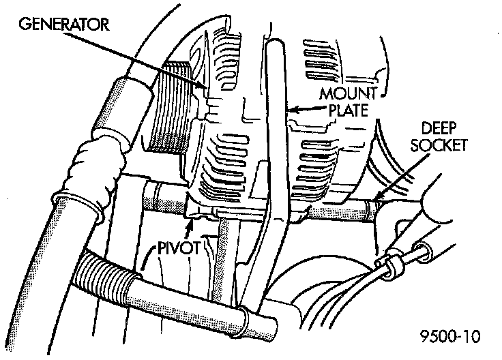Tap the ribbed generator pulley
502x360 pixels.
click(x=169, y=109)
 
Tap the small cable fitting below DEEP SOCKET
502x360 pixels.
click(x=393, y=263)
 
